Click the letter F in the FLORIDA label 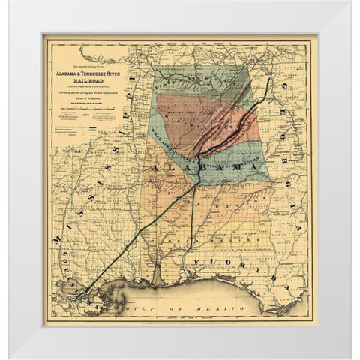tap(194, 260)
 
